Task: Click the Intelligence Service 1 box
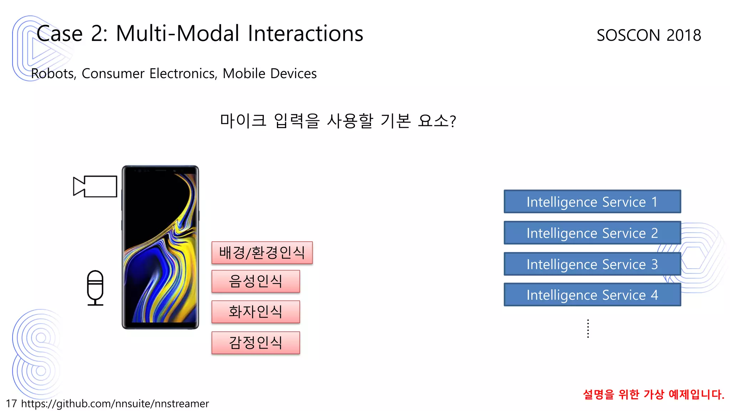(592, 202)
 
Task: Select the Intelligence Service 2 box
(592, 233)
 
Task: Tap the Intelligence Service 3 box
(592, 264)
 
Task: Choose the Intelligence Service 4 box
(592, 295)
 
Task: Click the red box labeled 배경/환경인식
(262, 253)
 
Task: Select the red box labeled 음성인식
(256, 281)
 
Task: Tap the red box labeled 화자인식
(256, 312)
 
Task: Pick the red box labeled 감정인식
(256, 342)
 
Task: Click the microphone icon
(95, 288)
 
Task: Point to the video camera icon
(95, 186)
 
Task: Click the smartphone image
(160, 247)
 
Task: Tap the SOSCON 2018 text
(649, 35)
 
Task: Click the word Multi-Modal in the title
(178, 34)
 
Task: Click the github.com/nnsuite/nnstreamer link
(115, 404)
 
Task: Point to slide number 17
(11, 404)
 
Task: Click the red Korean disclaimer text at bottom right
(653, 394)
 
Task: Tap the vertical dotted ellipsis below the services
(588, 329)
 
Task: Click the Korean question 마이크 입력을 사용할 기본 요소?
(338, 121)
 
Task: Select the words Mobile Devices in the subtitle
(269, 73)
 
